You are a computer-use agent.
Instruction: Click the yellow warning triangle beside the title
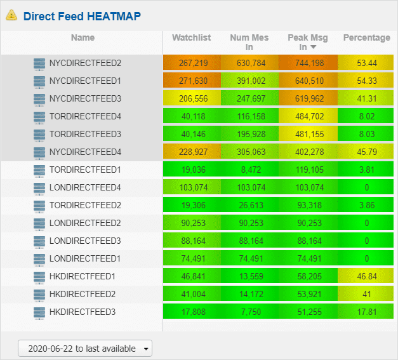tap(11, 15)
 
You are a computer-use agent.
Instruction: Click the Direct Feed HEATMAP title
tap(82, 17)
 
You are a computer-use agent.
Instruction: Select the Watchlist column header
tap(192, 37)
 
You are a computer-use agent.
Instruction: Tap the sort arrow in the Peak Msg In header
tap(314, 47)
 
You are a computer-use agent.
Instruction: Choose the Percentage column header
tap(366, 37)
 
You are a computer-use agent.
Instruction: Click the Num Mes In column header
tap(249, 42)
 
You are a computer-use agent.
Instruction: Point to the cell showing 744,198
tap(308, 62)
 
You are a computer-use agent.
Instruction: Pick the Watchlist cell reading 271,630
tap(192, 80)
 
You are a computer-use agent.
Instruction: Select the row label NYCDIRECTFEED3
tap(85, 98)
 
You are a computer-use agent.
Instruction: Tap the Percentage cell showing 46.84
tap(366, 276)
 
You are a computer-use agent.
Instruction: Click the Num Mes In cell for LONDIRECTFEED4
tap(249, 187)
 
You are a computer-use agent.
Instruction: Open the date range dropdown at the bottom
tap(85, 349)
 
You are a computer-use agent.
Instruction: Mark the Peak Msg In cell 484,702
tap(308, 116)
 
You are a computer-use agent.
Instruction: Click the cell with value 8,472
tap(249, 169)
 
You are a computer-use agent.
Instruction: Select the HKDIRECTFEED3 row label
tap(83, 312)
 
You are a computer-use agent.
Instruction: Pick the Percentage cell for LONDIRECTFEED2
tap(366, 222)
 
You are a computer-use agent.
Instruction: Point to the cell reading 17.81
tap(366, 311)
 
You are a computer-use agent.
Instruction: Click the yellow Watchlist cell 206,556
tap(192, 98)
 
